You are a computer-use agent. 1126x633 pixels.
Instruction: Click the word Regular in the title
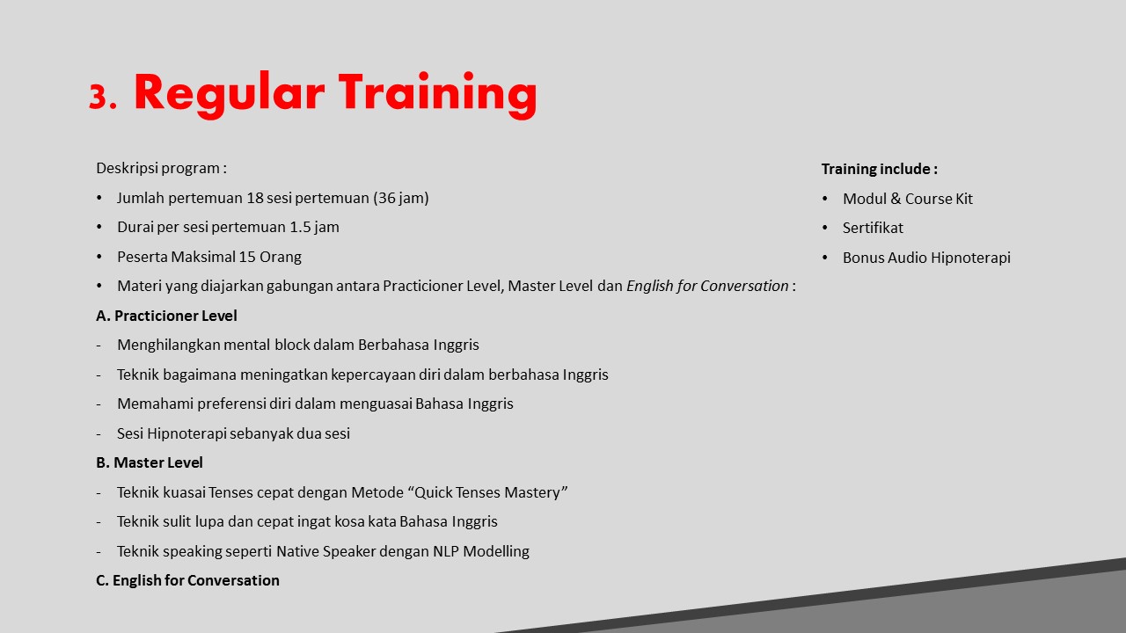230,94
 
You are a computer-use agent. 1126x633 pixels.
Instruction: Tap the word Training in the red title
438,94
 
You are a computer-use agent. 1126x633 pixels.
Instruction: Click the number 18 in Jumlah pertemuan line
255,198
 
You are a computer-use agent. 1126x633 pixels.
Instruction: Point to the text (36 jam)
400,198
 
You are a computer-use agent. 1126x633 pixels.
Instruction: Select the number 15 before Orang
247,257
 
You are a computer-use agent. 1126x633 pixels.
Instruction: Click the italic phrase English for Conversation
707,286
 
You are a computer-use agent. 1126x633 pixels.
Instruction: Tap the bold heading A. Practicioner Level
166,316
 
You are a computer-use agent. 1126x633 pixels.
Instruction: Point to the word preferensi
231,404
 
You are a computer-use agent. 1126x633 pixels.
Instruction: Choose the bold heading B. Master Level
150,462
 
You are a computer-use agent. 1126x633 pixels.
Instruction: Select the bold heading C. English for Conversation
187,580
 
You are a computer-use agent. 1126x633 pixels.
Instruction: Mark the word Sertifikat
873,228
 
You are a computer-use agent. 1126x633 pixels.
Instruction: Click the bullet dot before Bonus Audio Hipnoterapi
825,258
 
